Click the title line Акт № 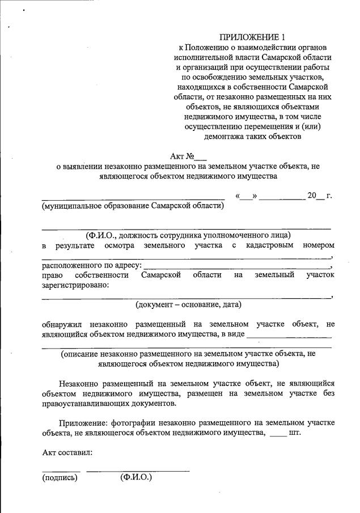click(188, 155)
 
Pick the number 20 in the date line click(311, 196)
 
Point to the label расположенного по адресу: click(91, 265)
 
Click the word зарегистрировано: click(75, 286)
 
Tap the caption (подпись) click(60, 478)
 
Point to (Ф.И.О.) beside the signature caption click(136, 478)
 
